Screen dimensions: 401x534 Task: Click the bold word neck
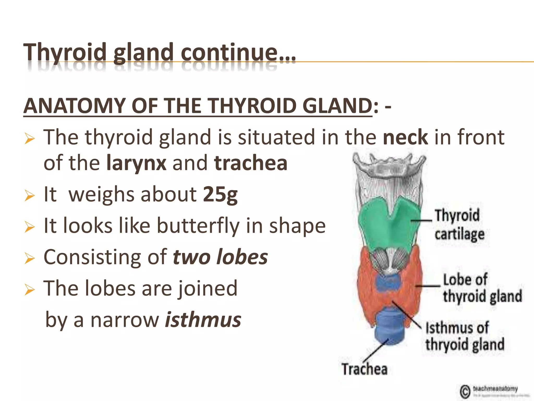point(405,138)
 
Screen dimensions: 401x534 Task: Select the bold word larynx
point(136,163)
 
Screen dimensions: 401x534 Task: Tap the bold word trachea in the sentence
point(251,163)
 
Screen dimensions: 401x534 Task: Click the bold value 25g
point(220,194)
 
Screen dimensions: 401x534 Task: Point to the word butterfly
point(198,226)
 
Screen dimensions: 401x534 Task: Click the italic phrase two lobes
point(220,257)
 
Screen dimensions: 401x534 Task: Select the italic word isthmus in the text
point(203,320)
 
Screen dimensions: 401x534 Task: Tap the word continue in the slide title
point(229,52)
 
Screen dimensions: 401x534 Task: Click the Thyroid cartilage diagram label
point(459,225)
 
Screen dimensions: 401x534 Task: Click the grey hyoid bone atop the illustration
point(389,167)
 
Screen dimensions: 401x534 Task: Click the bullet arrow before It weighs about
point(29,196)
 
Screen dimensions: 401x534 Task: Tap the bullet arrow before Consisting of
point(29,258)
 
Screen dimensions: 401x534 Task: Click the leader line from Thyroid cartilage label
point(421,221)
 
